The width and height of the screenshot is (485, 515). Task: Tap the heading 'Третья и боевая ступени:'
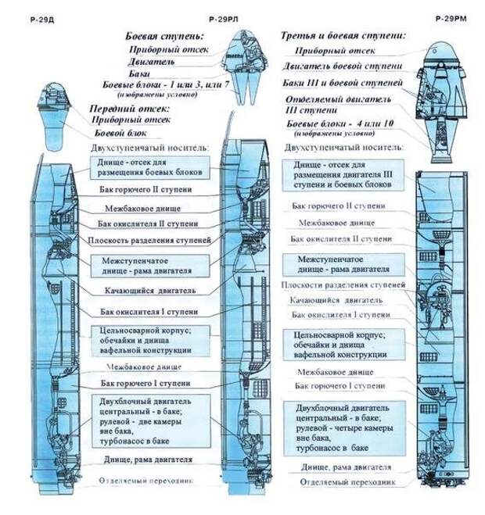point(343,35)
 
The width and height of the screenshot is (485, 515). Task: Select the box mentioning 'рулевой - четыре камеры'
point(344,428)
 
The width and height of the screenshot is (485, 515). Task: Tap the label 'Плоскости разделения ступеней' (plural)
point(343,286)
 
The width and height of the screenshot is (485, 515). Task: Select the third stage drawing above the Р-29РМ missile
point(443,94)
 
